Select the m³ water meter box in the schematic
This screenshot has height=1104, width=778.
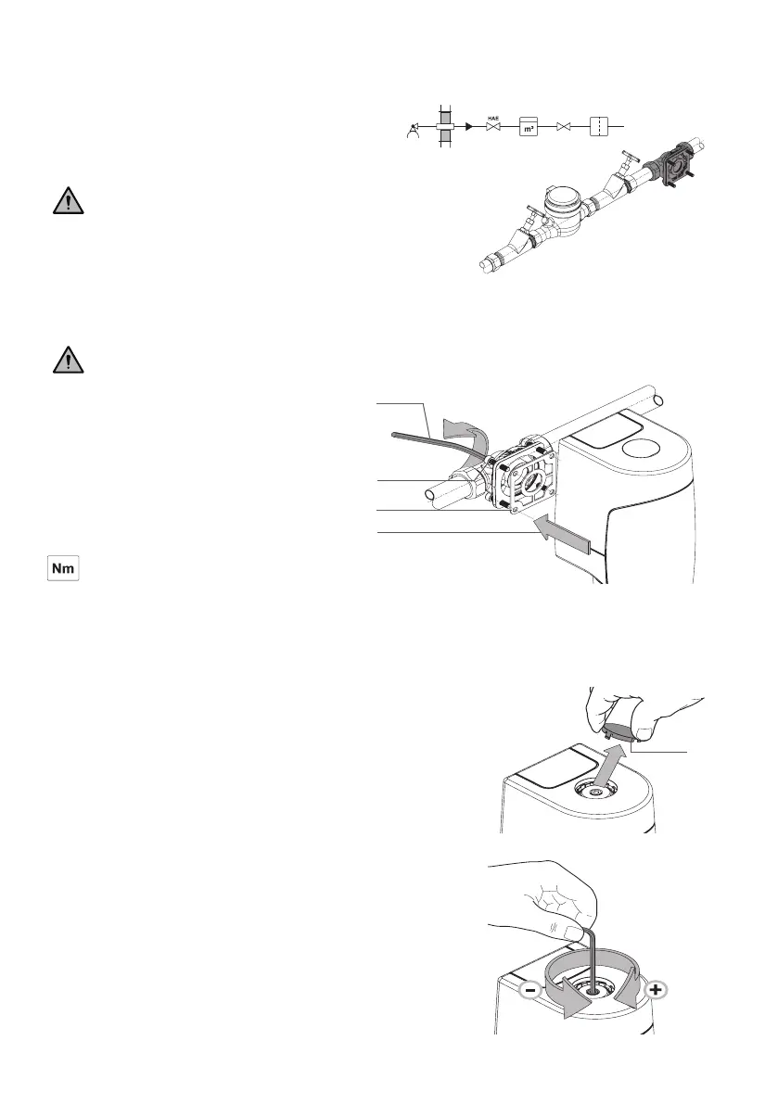coord(529,126)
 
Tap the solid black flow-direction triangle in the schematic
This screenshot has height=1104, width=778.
coord(469,125)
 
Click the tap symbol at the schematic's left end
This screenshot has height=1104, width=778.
coord(413,131)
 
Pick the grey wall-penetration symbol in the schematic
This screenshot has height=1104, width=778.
coord(445,125)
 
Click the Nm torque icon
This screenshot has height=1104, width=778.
coord(65,569)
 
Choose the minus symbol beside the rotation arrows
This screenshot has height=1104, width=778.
coord(529,991)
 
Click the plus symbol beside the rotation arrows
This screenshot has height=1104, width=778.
coord(655,991)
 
